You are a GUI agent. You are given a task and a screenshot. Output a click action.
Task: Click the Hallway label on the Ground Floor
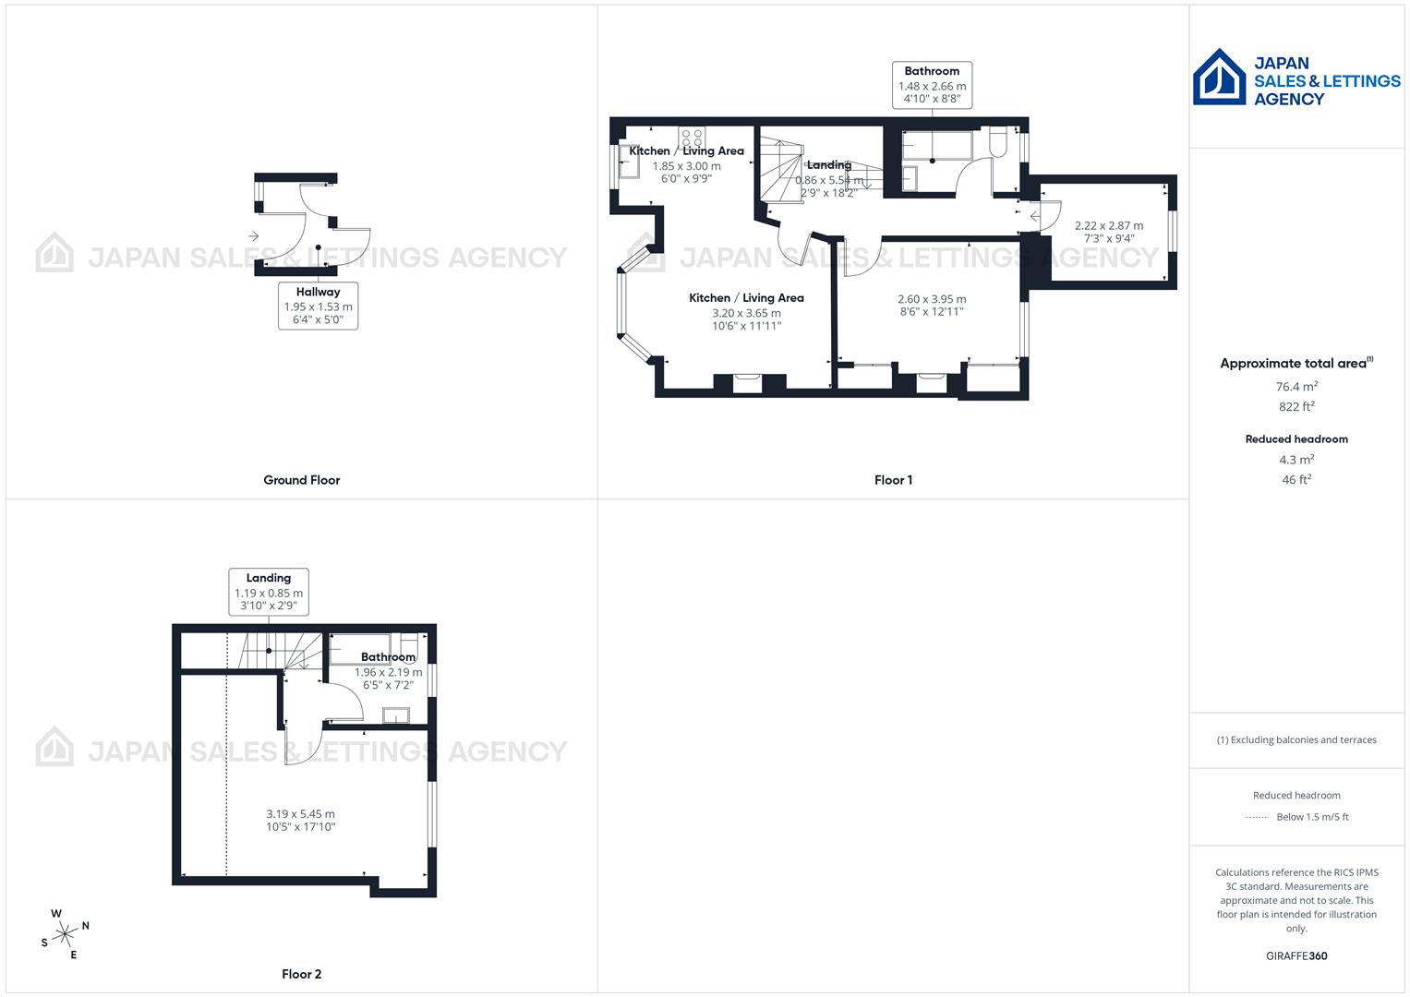point(318,292)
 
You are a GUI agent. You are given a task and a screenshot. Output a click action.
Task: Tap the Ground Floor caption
point(302,480)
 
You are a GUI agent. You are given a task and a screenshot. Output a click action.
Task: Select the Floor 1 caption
point(893,480)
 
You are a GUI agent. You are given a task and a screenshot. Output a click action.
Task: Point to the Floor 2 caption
point(302,974)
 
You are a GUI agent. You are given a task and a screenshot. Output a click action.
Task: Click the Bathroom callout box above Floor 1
point(932,85)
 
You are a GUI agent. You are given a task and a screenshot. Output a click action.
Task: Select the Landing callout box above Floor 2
point(269,592)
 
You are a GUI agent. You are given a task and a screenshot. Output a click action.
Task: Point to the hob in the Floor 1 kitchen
point(691,138)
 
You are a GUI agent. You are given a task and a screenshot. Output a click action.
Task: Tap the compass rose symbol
point(65,934)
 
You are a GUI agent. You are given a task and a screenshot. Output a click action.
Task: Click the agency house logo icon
point(1219,78)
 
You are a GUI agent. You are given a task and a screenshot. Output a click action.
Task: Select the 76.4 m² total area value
point(1296,387)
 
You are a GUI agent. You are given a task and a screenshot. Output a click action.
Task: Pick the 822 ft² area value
point(1296,407)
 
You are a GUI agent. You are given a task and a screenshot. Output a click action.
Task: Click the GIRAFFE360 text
point(1296,956)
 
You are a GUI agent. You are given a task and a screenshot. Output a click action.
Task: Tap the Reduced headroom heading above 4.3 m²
point(1296,439)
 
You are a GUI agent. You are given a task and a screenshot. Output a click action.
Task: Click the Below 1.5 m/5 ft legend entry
point(1311,817)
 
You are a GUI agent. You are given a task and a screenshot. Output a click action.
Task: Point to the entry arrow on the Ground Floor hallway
point(253,236)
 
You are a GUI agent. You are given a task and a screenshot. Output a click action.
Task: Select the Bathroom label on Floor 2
point(388,657)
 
